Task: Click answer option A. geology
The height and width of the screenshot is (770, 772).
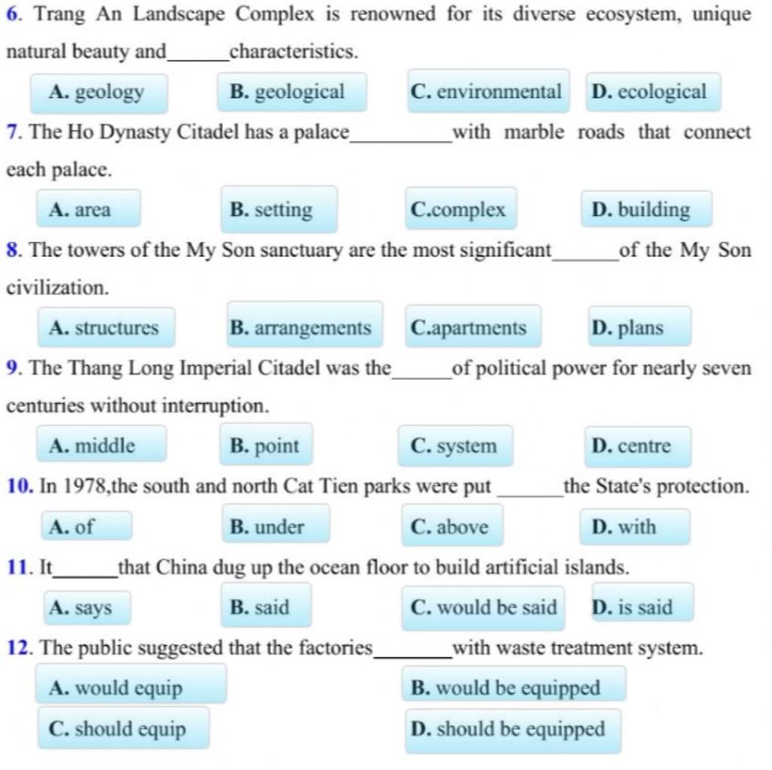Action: [98, 93]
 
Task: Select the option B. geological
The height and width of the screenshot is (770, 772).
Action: [291, 93]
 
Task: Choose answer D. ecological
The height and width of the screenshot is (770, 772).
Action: [652, 93]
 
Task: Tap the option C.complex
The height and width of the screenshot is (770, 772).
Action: [460, 210]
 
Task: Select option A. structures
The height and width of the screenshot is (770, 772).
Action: [106, 328]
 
